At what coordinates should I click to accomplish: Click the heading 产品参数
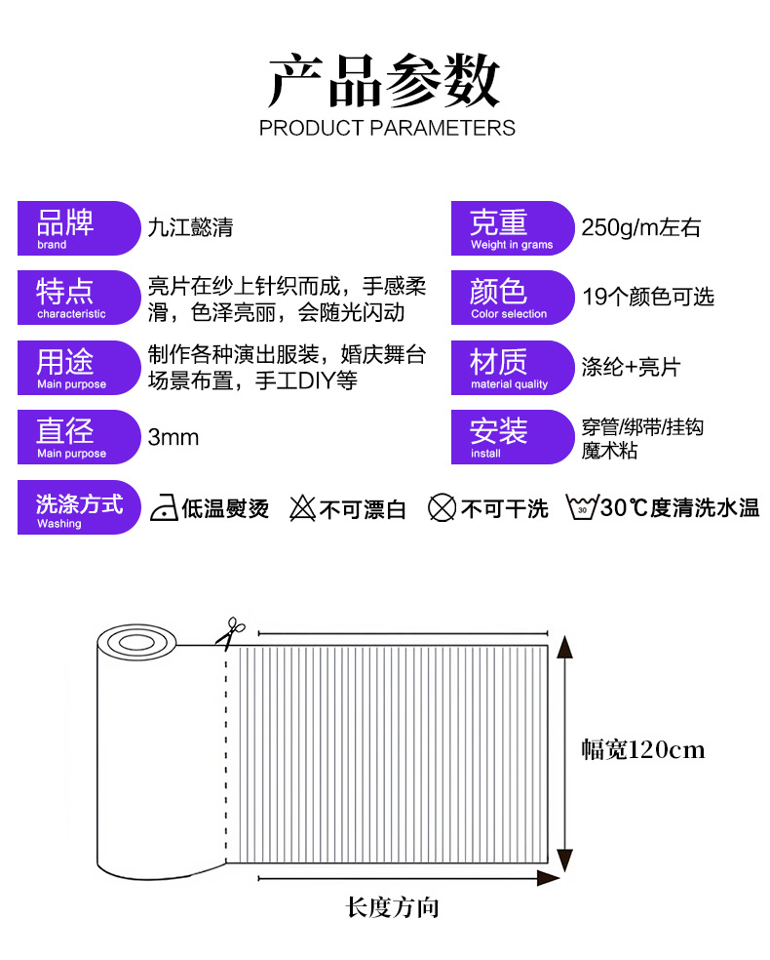[x=384, y=81]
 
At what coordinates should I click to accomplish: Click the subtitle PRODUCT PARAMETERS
[x=387, y=128]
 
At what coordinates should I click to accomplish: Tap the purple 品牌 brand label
[x=78, y=228]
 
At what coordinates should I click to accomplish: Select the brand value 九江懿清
[x=190, y=228]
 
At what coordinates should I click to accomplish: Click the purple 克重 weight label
[x=512, y=228]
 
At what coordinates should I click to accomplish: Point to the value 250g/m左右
[x=640, y=228]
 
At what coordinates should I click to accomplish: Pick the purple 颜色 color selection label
[x=512, y=298]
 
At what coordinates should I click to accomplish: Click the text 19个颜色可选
[x=648, y=297]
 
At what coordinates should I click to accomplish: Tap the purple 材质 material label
[x=512, y=368]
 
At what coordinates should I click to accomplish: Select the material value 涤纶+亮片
[x=631, y=368]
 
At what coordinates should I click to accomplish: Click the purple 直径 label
[x=78, y=437]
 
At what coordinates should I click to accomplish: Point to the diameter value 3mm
[x=173, y=437]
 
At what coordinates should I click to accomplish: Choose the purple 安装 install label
[x=512, y=437]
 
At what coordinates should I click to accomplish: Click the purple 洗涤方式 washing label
[x=79, y=508]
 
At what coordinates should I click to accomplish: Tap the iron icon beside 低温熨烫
[x=164, y=508]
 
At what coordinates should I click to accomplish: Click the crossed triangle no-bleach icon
[x=303, y=508]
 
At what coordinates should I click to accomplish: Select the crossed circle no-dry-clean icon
[x=443, y=508]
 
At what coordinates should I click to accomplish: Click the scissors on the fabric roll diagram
[x=230, y=632]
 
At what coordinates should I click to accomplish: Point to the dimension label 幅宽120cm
[x=642, y=750]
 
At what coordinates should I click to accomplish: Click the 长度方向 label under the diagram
[x=393, y=908]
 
